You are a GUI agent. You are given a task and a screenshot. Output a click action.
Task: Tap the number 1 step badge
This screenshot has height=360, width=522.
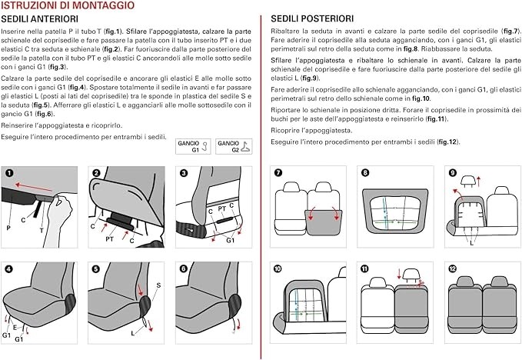(x=9, y=173)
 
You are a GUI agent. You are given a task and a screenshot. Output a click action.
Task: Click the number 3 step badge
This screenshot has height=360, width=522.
(x=182, y=173)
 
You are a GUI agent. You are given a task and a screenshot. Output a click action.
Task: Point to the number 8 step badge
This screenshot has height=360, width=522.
(x=365, y=173)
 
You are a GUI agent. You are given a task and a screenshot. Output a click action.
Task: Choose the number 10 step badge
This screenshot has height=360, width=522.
(x=278, y=268)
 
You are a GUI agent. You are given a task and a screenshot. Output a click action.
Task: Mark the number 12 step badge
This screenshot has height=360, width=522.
(x=451, y=268)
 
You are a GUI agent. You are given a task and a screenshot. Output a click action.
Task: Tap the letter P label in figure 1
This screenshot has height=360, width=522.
(x=8, y=228)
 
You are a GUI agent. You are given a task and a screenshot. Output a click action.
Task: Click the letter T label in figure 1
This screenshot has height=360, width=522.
(x=41, y=230)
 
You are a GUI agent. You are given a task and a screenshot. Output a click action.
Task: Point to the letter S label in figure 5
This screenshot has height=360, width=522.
(x=158, y=285)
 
